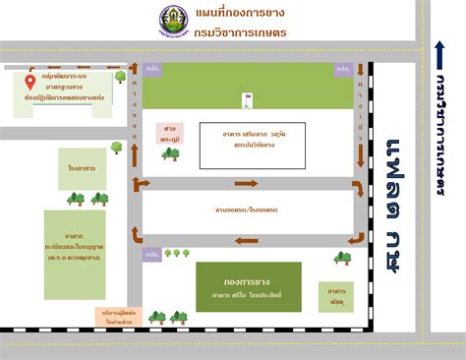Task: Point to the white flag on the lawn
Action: (x=248, y=97)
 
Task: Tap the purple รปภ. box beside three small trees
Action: (x=152, y=256)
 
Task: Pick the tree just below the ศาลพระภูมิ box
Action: (x=170, y=153)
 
